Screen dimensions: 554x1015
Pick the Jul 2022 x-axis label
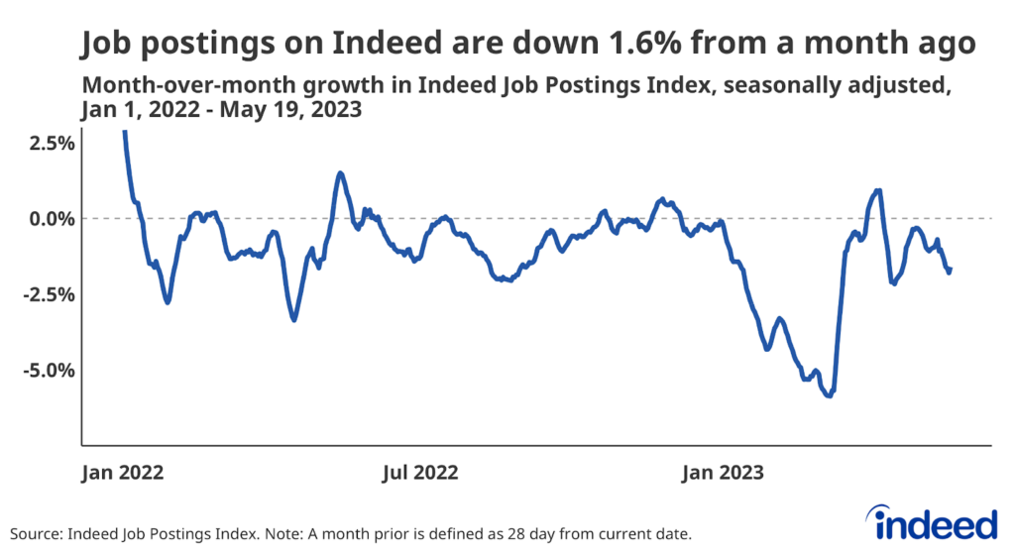421,472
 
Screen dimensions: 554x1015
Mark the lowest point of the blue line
829,395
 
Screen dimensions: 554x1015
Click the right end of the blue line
951,269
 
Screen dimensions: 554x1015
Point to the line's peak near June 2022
340,173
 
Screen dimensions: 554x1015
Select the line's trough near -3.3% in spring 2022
293,319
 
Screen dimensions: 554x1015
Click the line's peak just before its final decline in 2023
878,190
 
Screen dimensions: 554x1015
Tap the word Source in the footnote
34,533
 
